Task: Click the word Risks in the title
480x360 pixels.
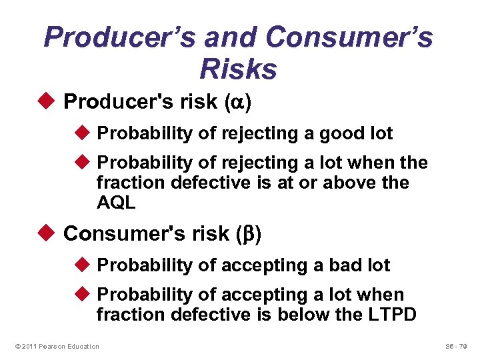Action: (238, 68)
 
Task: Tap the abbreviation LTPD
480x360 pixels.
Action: (391, 313)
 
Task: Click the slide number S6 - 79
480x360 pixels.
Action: (456, 346)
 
